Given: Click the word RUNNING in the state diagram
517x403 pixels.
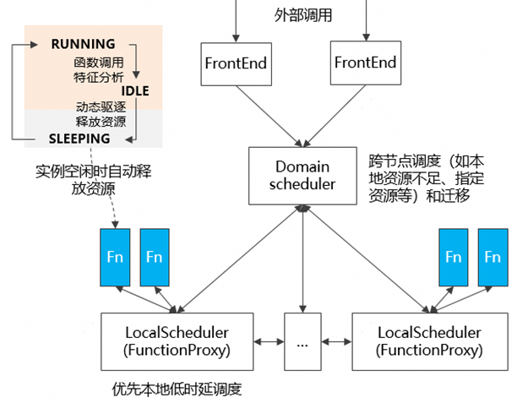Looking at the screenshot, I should click(x=83, y=43).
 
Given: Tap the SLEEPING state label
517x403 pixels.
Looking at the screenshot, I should click(x=79, y=138).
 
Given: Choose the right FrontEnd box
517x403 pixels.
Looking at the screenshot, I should click(x=365, y=63).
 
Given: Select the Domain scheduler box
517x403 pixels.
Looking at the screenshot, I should click(x=302, y=175).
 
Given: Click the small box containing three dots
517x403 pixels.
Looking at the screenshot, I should click(x=303, y=341).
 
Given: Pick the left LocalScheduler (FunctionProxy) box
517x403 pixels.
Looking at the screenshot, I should click(x=176, y=341).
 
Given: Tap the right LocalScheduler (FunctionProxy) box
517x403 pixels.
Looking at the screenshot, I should click(x=428, y=341).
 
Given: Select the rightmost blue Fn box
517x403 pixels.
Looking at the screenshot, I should click(x=493, y=256).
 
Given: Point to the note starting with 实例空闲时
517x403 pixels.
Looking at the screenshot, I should click(x=93, y=178).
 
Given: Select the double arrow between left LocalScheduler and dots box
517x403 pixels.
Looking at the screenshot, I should click(x=269, y=341).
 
